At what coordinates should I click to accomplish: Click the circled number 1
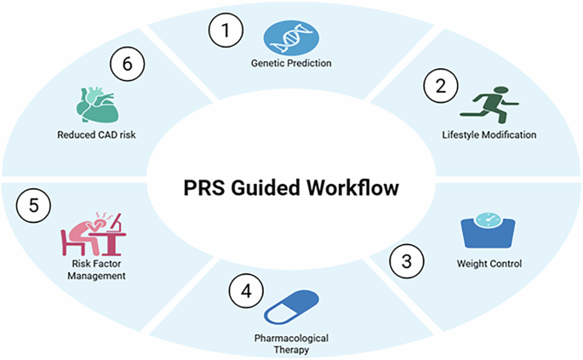tap(226, 31)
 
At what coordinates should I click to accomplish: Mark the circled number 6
tap(128, 64)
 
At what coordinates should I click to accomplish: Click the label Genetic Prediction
tap(291, 63)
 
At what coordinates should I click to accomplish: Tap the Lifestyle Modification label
tap(489, 134)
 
